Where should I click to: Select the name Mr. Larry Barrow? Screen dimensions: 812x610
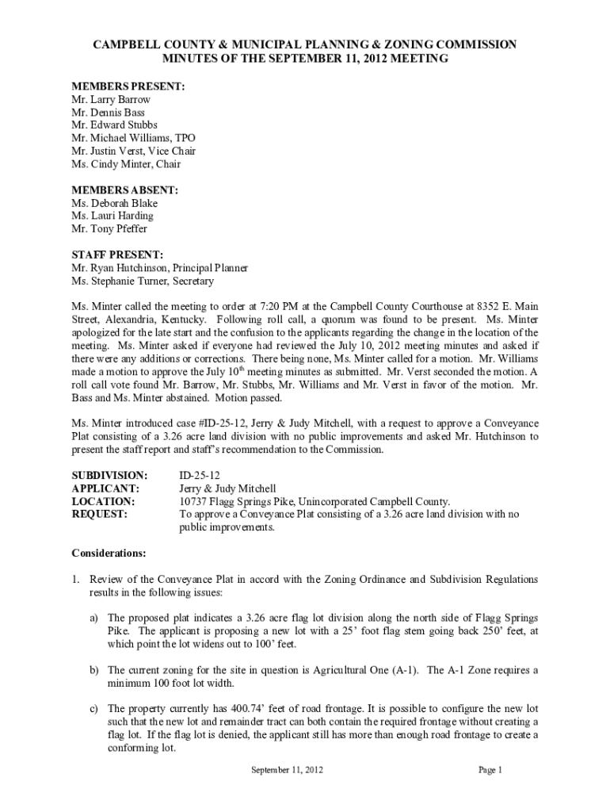point(111,100)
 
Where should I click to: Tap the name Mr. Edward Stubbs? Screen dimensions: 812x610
point(114,125)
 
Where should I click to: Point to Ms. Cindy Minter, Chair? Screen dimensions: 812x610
point(125,164)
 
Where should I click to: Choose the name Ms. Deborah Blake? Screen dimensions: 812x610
point(114,203)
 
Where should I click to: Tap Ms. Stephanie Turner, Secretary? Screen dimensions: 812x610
point(142,281)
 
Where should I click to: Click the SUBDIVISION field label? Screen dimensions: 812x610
point(109,476)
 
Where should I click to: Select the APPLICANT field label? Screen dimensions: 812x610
point(105,488)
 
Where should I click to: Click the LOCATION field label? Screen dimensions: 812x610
point(103,501)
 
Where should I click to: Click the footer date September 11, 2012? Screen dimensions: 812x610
point(287,770)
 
